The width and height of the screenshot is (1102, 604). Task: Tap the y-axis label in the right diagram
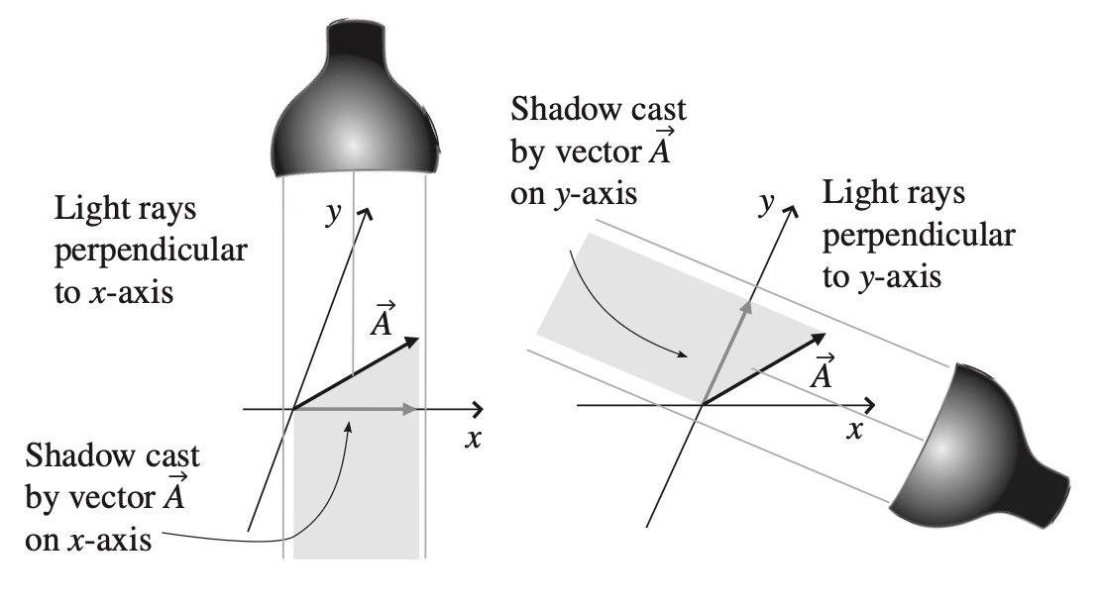coord(764,204)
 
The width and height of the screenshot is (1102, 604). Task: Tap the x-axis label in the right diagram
coord(853,432)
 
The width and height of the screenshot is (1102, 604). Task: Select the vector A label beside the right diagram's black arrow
coord(820,372)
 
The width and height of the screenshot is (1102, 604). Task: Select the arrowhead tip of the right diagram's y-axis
coord(793,210)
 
